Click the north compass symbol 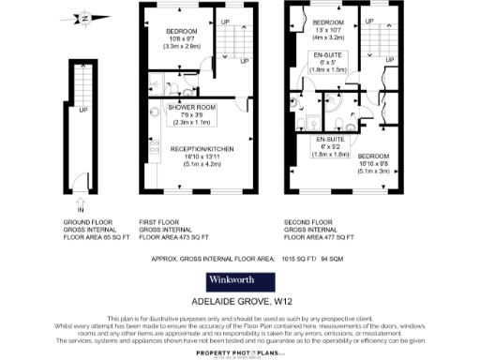click(84, 18)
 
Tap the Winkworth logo click(239, 281)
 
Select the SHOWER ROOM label click(192, 108)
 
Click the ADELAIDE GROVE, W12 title click(239, 303)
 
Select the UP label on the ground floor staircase click(83, 109)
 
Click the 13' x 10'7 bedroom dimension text click(329, 30)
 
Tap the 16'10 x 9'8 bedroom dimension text click(372, 164)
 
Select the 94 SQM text click(332, 256)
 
